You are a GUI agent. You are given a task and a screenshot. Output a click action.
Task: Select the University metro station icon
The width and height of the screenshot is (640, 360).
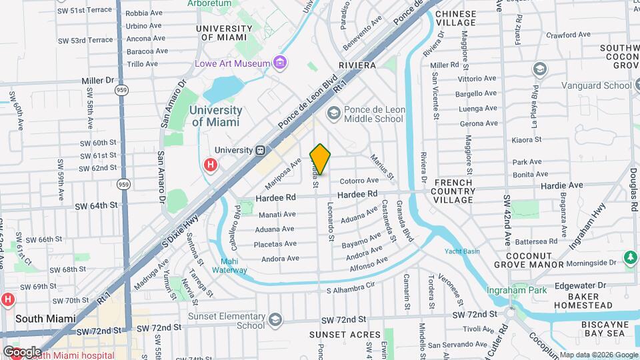[261, 150]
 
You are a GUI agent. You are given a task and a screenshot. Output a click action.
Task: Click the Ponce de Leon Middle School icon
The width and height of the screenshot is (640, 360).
[331, 115]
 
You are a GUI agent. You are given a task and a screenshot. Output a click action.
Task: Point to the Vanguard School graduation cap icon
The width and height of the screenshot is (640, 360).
[539, 69]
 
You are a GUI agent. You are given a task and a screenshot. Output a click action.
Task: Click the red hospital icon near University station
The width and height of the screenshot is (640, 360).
[211, 164]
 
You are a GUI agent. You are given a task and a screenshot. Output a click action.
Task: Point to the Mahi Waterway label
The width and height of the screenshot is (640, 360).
[229, 265]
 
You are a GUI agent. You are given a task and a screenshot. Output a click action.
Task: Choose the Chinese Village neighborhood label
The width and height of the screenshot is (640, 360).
[455, 19]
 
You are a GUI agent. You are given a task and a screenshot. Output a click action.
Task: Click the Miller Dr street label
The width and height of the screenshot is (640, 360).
[98, 80]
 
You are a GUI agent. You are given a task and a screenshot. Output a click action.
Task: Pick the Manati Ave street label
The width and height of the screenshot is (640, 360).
[278, 215]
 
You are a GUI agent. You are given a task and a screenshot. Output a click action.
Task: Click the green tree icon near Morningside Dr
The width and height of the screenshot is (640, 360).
[630, 257]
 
